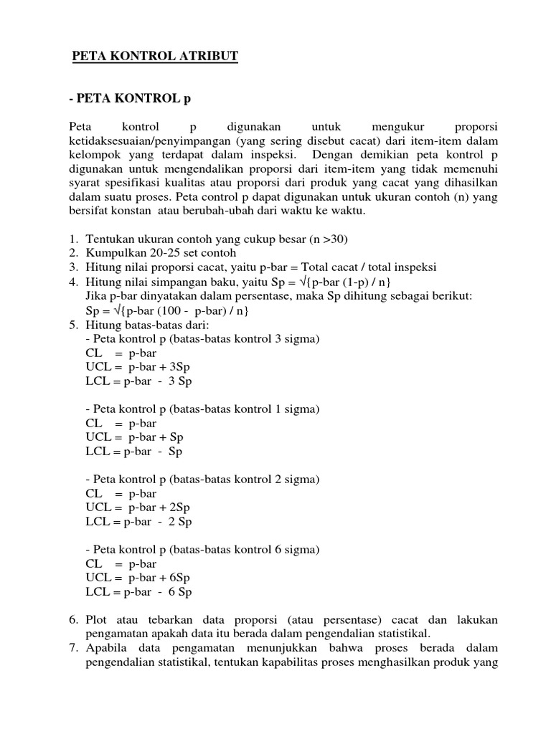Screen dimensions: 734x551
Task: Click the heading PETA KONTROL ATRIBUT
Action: coord(155,57)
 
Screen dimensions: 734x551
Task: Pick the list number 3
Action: coord(73,267)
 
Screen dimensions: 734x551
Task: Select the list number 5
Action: coord(73,324)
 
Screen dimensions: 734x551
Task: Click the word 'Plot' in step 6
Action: coord(97,619)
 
